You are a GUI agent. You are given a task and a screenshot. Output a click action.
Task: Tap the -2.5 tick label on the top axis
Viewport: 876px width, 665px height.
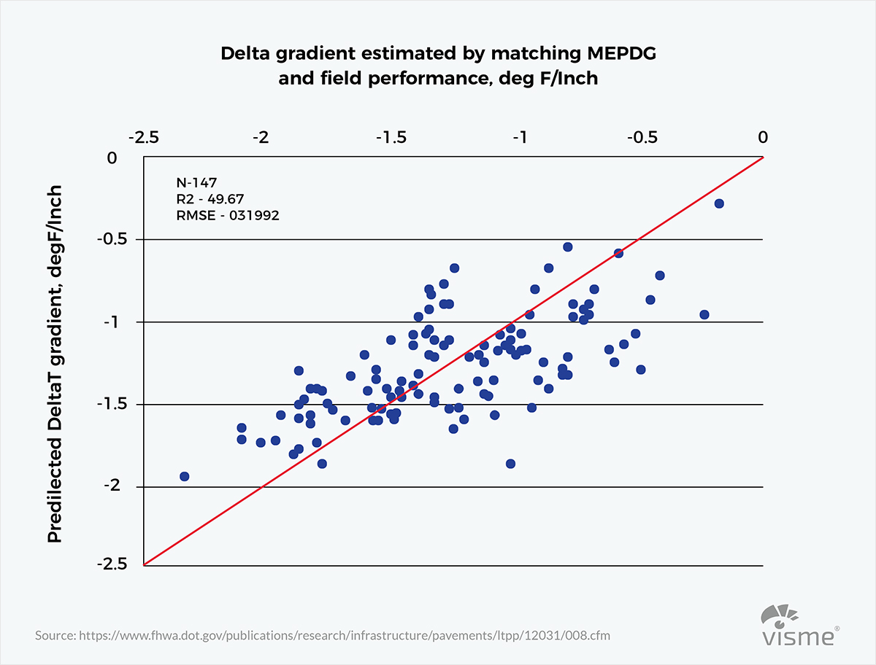pyautogui.click(x=143, y=138)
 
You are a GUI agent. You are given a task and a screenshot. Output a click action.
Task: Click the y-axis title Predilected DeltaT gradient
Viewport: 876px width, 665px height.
pyautogui.click(x=55, y=363)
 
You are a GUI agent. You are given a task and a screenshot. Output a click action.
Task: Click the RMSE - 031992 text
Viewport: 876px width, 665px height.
pyautogui.click(x=228, y=216)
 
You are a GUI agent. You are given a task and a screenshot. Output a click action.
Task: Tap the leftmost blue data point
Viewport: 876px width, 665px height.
pyautogui.click(x=185, y=476)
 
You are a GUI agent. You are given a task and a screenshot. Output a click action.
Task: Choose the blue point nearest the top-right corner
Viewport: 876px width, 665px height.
pyautogui.click(x=719, y=203)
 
